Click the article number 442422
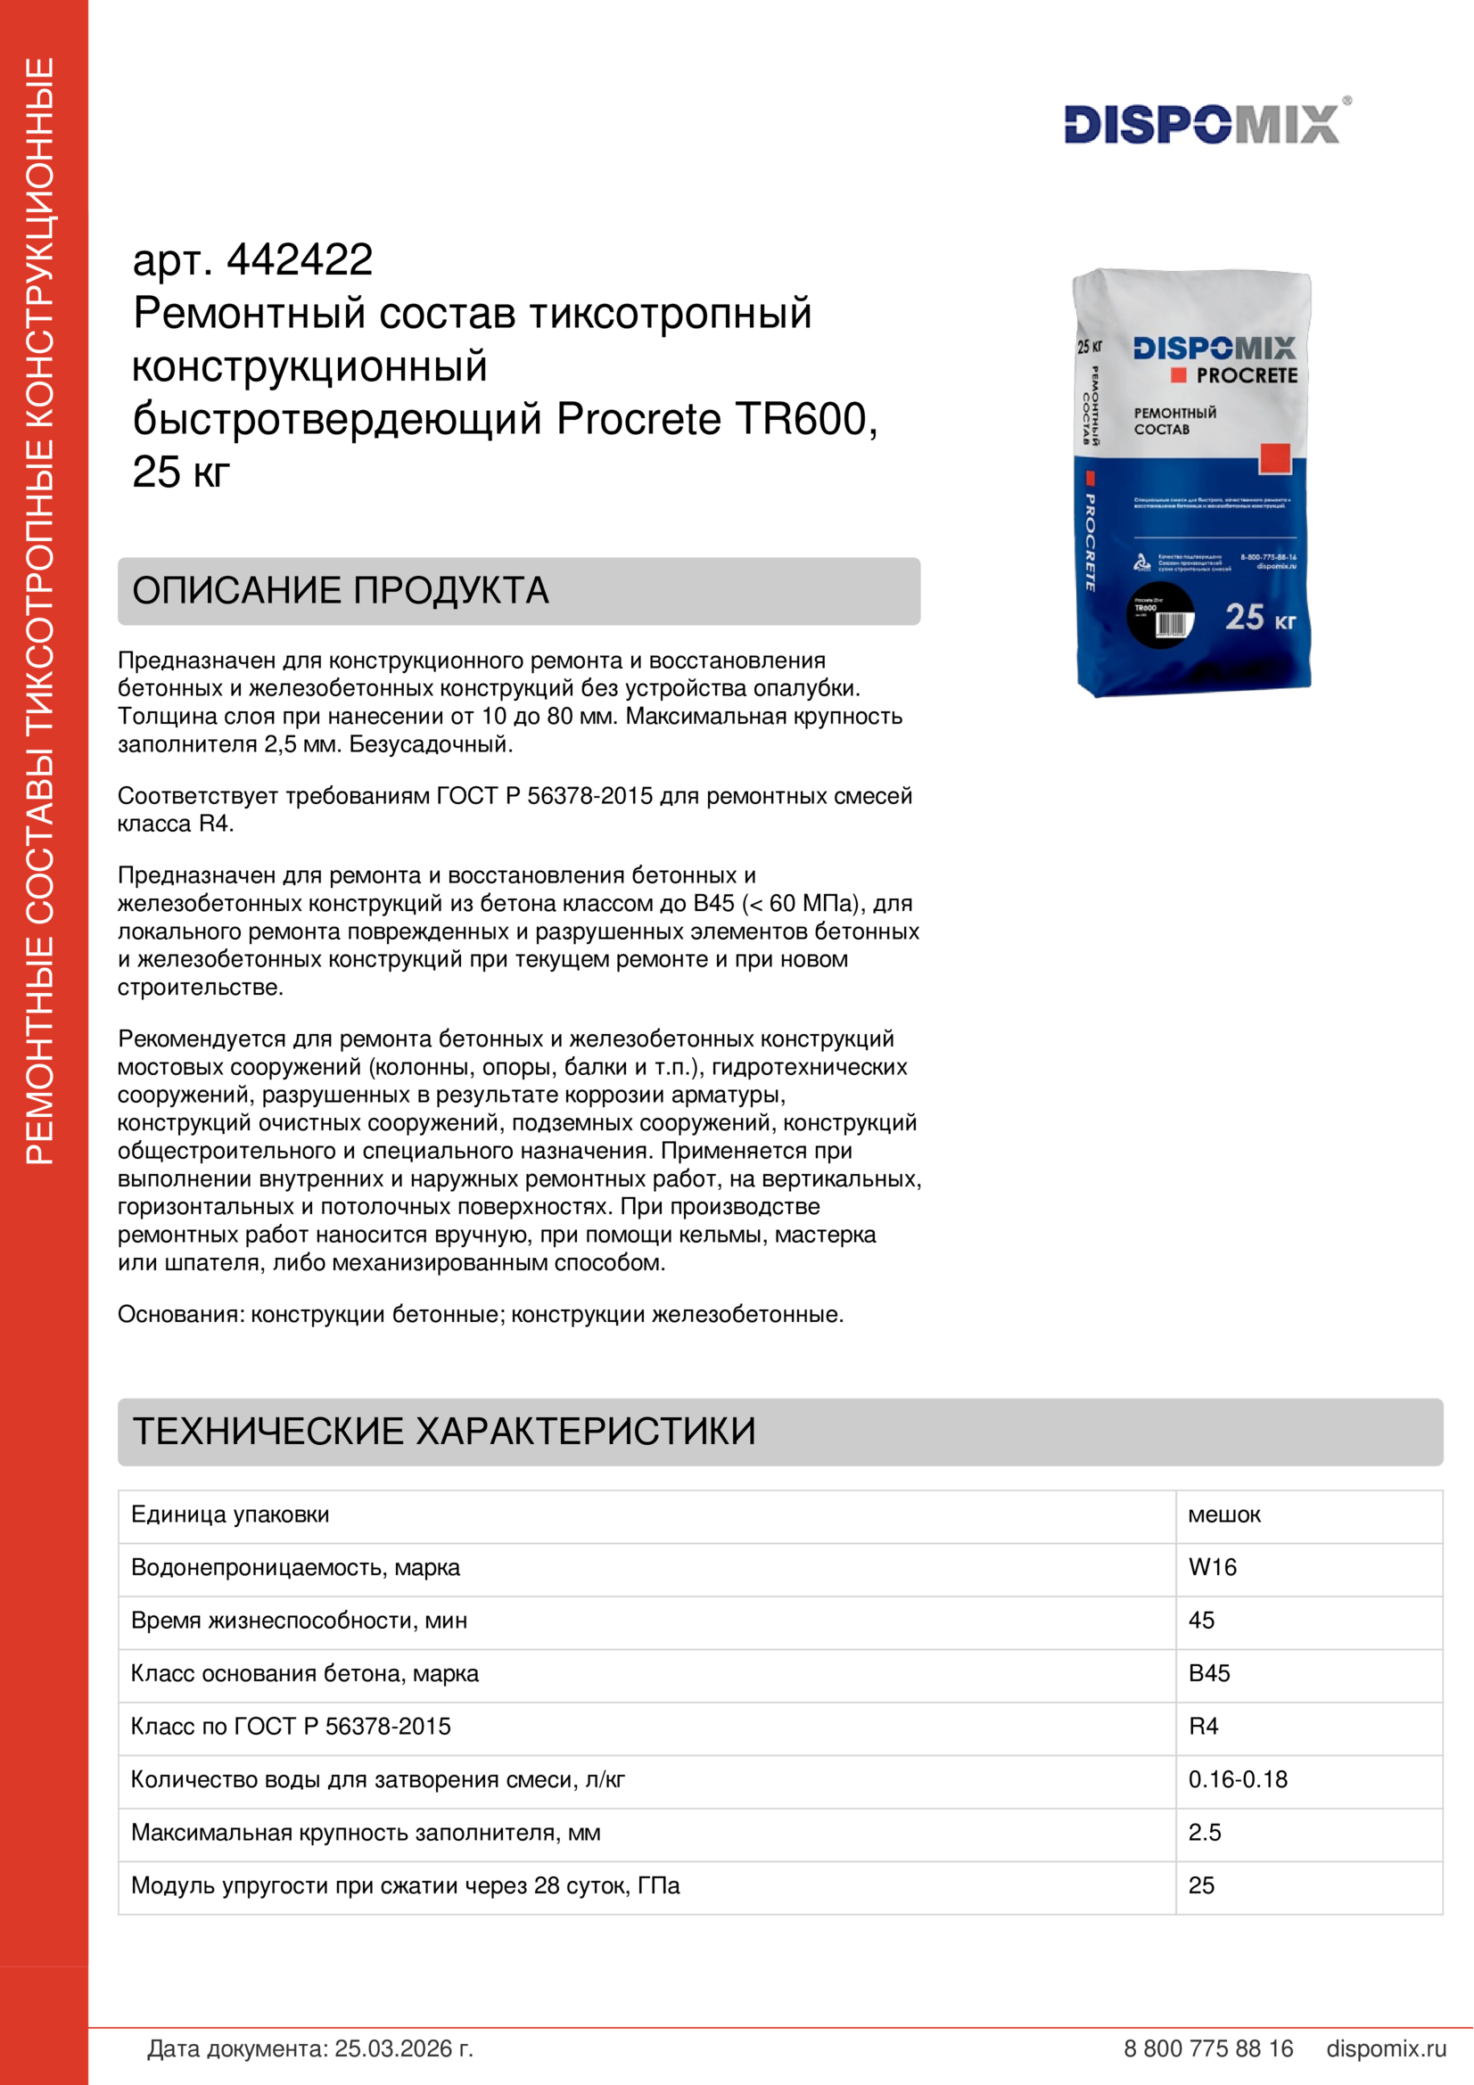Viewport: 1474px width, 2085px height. [300, 260]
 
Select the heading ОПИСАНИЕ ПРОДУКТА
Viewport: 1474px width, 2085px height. [341, 590]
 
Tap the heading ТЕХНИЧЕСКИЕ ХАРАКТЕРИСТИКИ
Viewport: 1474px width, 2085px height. [444, 1432]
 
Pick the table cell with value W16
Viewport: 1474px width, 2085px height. [1213, 1566]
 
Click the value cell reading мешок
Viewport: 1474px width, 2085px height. [1224, 1514]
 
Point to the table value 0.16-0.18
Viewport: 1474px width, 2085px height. [1238, 1779]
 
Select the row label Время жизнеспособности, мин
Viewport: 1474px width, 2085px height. [299, 1620]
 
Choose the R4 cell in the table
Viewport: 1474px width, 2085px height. [1203, 1727]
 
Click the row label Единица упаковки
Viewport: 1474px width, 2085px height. [230, 1514]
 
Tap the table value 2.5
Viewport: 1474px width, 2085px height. [1205, 1833]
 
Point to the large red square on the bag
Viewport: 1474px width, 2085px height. [1274, 458]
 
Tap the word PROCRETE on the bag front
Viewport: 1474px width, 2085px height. [1246, 375]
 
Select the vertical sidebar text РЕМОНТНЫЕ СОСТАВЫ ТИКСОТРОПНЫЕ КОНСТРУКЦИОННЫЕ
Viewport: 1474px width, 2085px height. [41, 611]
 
